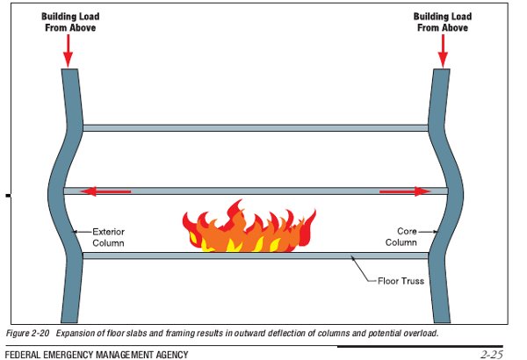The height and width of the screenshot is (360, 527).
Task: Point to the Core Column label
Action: (403, 237)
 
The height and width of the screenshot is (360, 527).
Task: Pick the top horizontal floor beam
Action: (255, 128)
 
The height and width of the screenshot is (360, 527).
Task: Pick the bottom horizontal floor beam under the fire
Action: (255, 256)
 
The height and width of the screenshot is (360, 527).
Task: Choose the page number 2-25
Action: (491, 354)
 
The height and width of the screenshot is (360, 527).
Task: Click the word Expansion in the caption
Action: (84, 334)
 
